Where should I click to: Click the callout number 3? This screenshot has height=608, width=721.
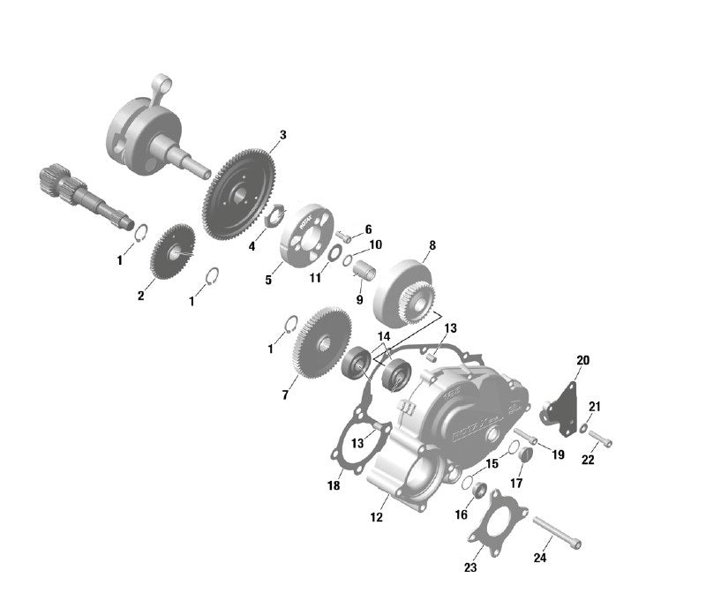(x=282, y=135)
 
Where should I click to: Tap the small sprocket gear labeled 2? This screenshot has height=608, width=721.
(x=173, y=252)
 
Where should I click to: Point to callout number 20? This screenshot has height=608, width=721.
(x=583, y=360)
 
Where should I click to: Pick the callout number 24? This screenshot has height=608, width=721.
(x=540, y=558)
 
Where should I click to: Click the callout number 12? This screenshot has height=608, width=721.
(x=377, y=518)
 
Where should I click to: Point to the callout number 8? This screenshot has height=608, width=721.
(x=432, y=245)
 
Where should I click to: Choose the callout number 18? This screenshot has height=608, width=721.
(x=334, y=486)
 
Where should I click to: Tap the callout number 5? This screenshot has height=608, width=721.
(x=269, y=280)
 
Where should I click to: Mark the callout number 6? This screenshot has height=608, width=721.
(x=368, y=229)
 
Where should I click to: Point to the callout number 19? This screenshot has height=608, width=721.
(x=559, y=454)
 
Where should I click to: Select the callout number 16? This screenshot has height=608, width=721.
(x=462, y=514)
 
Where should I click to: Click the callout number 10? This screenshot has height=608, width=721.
(x=375, y=244)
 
